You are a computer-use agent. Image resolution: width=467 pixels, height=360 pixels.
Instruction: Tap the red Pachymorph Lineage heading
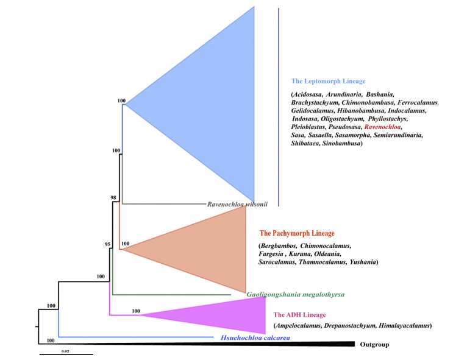[297, 233]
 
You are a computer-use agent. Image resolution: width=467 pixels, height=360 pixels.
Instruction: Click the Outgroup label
[374, 345]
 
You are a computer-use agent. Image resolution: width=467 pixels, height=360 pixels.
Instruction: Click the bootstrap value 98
[113, 198]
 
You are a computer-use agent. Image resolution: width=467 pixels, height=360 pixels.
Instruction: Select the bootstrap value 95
[107, 244]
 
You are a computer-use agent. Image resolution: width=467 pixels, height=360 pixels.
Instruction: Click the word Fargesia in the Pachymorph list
[274, 253]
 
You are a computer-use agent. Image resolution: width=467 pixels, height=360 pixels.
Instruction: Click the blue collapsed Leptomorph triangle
[207, 104]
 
